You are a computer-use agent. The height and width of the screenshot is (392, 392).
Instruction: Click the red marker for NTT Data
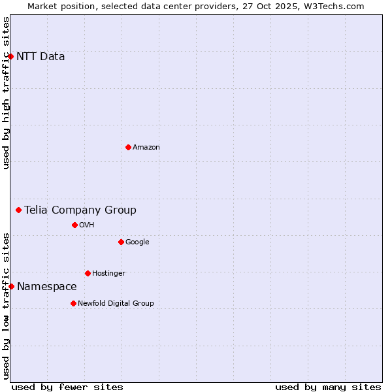[x=11, y=56]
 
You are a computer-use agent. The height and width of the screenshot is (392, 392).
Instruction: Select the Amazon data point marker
[x=128, y=147]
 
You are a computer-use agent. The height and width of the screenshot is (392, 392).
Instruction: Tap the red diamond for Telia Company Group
[x=19, y=210]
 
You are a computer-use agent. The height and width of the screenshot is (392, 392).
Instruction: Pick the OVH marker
[x=74, y=225]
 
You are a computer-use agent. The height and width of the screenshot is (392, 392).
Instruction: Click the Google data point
[x=121, y=242]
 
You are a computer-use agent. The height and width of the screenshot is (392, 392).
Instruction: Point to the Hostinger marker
[x=88, y=273]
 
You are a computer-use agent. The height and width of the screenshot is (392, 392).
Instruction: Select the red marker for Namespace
[x=11, y=286]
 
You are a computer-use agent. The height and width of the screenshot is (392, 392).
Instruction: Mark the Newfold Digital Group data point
[x=73, y=303]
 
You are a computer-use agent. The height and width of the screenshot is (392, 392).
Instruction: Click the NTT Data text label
[x=41, y=56]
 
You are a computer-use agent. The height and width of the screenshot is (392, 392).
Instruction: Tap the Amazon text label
[x=146, y=147]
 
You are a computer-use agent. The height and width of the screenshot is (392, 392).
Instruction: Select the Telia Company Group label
[x=80, y=210]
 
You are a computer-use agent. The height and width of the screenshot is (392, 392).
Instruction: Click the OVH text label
[x=87, y=225]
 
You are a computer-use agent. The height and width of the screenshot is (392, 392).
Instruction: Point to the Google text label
[x=137, y=242]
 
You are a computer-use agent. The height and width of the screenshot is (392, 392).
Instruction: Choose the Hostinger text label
[x=108, y=273]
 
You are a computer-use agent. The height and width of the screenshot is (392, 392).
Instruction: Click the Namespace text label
[x=46, y=286]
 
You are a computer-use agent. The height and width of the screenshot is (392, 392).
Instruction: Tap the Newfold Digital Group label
[x=116, y=303]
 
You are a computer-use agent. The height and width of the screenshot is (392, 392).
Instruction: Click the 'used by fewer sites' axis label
[x=67, y=387]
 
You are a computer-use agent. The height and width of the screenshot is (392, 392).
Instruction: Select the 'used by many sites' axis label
[x=328, y=387]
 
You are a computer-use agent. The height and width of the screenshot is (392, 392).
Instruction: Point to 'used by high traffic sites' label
[x=6, y=93]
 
